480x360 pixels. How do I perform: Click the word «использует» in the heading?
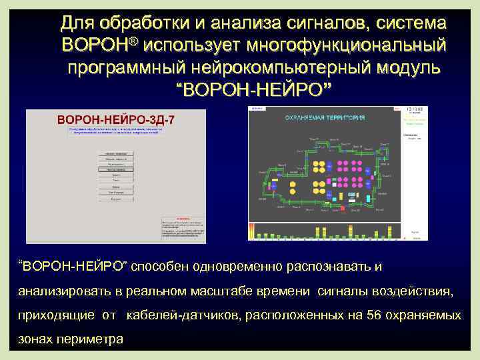point(190,47)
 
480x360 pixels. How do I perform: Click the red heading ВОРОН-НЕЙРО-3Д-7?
point(116,119)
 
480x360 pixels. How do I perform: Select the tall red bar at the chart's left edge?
point(251,230)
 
